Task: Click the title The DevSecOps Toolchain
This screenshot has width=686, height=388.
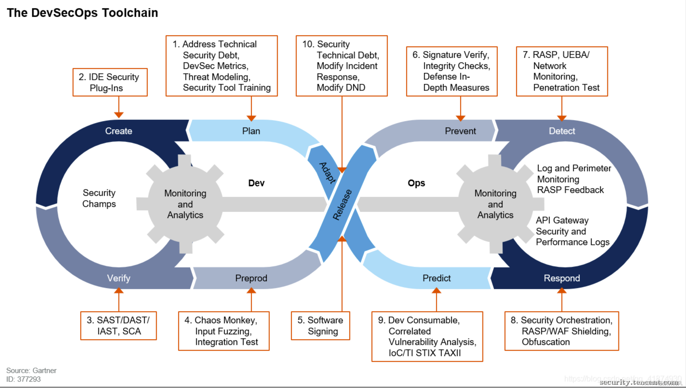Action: pos(82,13)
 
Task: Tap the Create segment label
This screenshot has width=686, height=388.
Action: pos(119,131)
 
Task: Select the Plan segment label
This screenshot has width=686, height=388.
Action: pos(251,131)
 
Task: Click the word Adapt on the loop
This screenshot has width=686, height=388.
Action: pos(327,173)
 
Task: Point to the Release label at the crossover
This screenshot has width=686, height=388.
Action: pos(342,205)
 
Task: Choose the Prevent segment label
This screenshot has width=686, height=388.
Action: pos(460,131)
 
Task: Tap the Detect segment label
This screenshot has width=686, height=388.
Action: pos(562,131)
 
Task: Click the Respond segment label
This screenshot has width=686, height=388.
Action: pos(562,278)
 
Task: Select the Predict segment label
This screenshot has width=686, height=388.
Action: pos(437,278)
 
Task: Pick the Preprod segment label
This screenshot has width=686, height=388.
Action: pos(251,278)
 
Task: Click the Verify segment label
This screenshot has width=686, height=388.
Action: pos(119,278)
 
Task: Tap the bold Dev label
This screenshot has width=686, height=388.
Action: pos(256,183)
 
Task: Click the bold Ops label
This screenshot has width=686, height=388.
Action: pos(416,183)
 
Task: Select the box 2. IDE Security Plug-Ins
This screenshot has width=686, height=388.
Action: pos(110,82)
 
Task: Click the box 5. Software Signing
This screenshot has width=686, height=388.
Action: pos(320,326)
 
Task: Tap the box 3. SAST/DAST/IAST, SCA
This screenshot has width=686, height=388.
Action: pos(119,326)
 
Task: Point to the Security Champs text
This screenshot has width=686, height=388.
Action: pos(99,198)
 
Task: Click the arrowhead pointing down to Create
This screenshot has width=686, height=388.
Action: pos(119,115)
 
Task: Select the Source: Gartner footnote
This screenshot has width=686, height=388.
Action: pos(31,370)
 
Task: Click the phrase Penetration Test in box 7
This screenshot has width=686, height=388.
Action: pos(566,87)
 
